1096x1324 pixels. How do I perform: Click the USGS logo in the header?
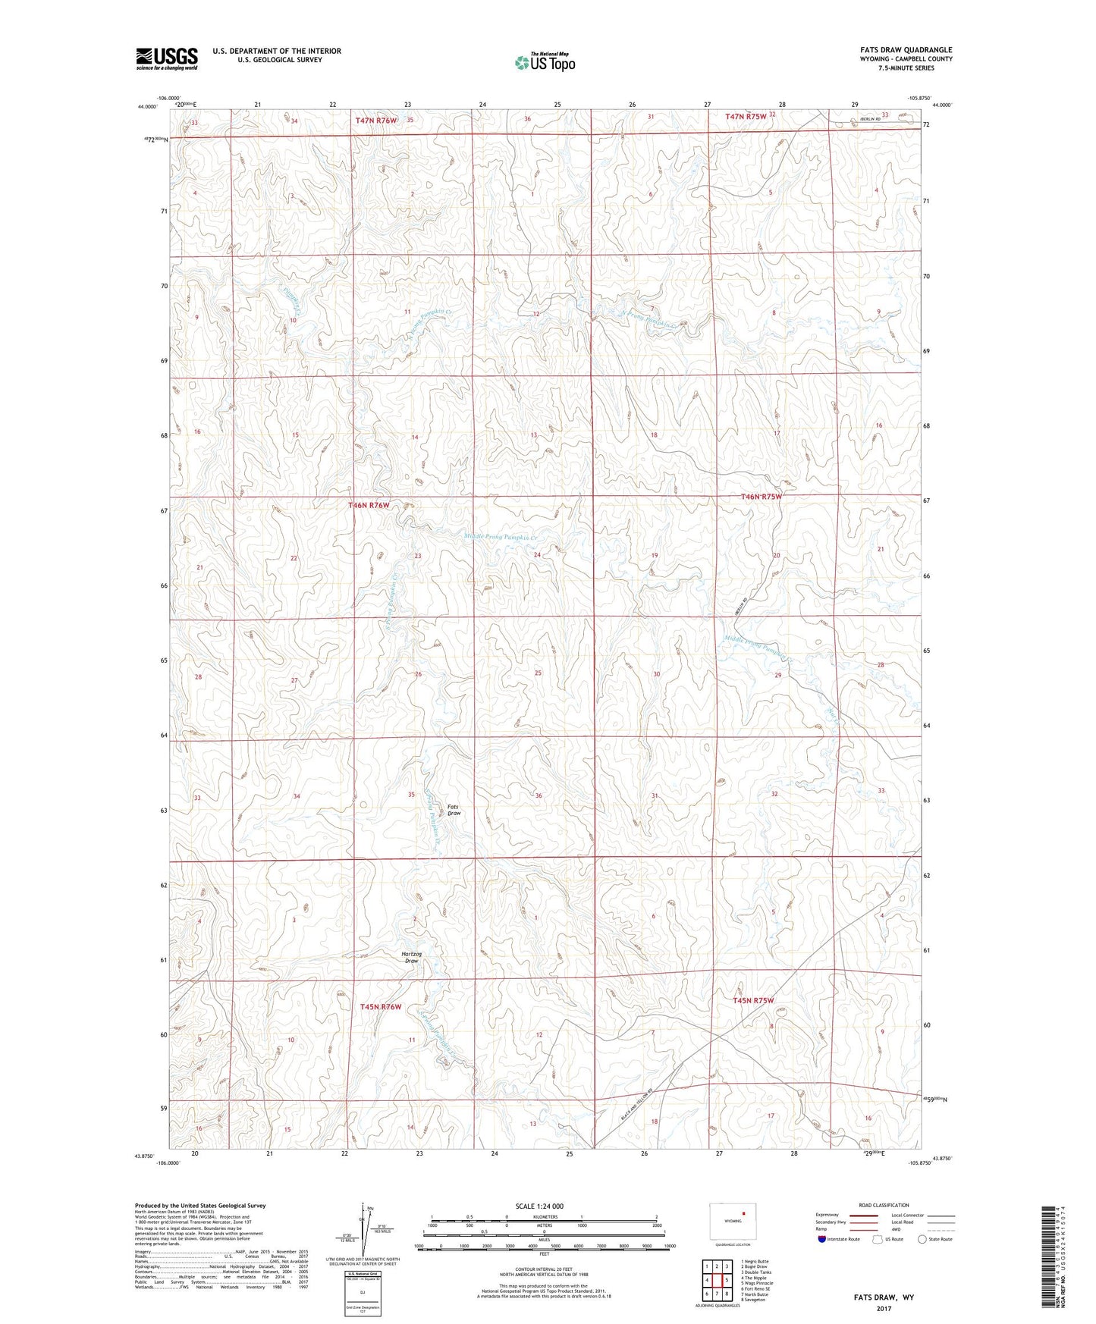[x=167, y=58]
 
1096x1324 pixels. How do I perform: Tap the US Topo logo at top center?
[x=545, y=62]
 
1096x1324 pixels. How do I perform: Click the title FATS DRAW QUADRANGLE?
[x=901, y=50]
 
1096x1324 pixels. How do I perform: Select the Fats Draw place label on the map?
[x=454, y=810]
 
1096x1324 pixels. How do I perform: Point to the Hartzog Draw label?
[x=411, y=957]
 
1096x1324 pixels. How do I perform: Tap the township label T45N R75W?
[x=752, y=1001]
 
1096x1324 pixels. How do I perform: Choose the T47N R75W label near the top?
[x=746, y=117]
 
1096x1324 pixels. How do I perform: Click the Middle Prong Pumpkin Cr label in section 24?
[x=501, y=538]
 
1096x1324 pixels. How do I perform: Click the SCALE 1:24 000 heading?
[x=539, y=1206]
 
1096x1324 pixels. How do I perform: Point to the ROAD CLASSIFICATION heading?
[x=884, y=1205]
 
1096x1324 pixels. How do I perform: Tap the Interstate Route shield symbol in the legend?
[x=822, y=1239]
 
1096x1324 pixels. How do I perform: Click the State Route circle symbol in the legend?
[x=922, y=1239]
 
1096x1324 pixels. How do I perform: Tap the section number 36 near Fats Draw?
[x=539, y=795]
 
